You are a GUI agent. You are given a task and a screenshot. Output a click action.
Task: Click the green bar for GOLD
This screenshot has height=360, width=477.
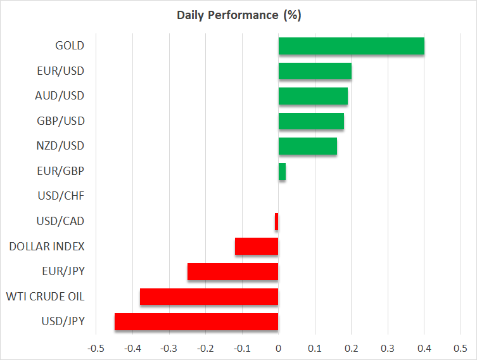[x=351, y=46]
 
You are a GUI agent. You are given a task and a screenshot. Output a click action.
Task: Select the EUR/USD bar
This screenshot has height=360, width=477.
[x=315, y=71]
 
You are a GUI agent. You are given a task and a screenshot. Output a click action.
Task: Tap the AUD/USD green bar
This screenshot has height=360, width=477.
[x=313, y=96]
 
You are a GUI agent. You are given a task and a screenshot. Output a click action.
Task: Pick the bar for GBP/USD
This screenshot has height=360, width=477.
[x=311, y=121]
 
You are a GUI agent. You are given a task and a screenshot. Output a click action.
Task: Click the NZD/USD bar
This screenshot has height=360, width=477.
[x=307, y=146]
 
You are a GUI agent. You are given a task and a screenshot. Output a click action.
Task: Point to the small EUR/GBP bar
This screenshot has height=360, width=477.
[x=282, y=171]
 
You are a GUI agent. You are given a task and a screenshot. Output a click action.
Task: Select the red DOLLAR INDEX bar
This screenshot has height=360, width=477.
[x=257, y=246]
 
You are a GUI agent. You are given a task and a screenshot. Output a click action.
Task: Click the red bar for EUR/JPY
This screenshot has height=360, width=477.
[x=232, y=271]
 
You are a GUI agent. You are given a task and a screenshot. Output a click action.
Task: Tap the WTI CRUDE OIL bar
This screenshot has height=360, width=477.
[x=209, y=297]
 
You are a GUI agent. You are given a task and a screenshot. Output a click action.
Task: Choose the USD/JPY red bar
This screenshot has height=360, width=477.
[x=196, y=321]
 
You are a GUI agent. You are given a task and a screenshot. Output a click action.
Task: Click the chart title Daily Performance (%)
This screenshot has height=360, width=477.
[x=238, y=15]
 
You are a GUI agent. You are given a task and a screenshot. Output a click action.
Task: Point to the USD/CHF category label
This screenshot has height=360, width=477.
[x=61, y=196]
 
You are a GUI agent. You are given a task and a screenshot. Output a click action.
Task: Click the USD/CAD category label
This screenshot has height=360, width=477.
[x=61, y=221]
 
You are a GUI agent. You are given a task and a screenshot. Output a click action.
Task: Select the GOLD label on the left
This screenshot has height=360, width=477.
[x=70, y=46]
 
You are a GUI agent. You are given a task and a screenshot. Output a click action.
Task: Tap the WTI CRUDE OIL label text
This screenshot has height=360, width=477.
[x=45, y=297]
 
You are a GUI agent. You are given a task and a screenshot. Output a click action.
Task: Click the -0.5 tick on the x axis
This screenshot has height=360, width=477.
[x=96, y=348]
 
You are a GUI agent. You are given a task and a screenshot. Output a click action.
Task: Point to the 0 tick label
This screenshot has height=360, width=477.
[x=278, y=348]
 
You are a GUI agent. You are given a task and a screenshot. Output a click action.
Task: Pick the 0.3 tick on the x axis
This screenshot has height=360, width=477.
[x=388, y=348]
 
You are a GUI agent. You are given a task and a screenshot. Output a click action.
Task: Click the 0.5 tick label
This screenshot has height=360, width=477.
[x=461, y=348]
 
